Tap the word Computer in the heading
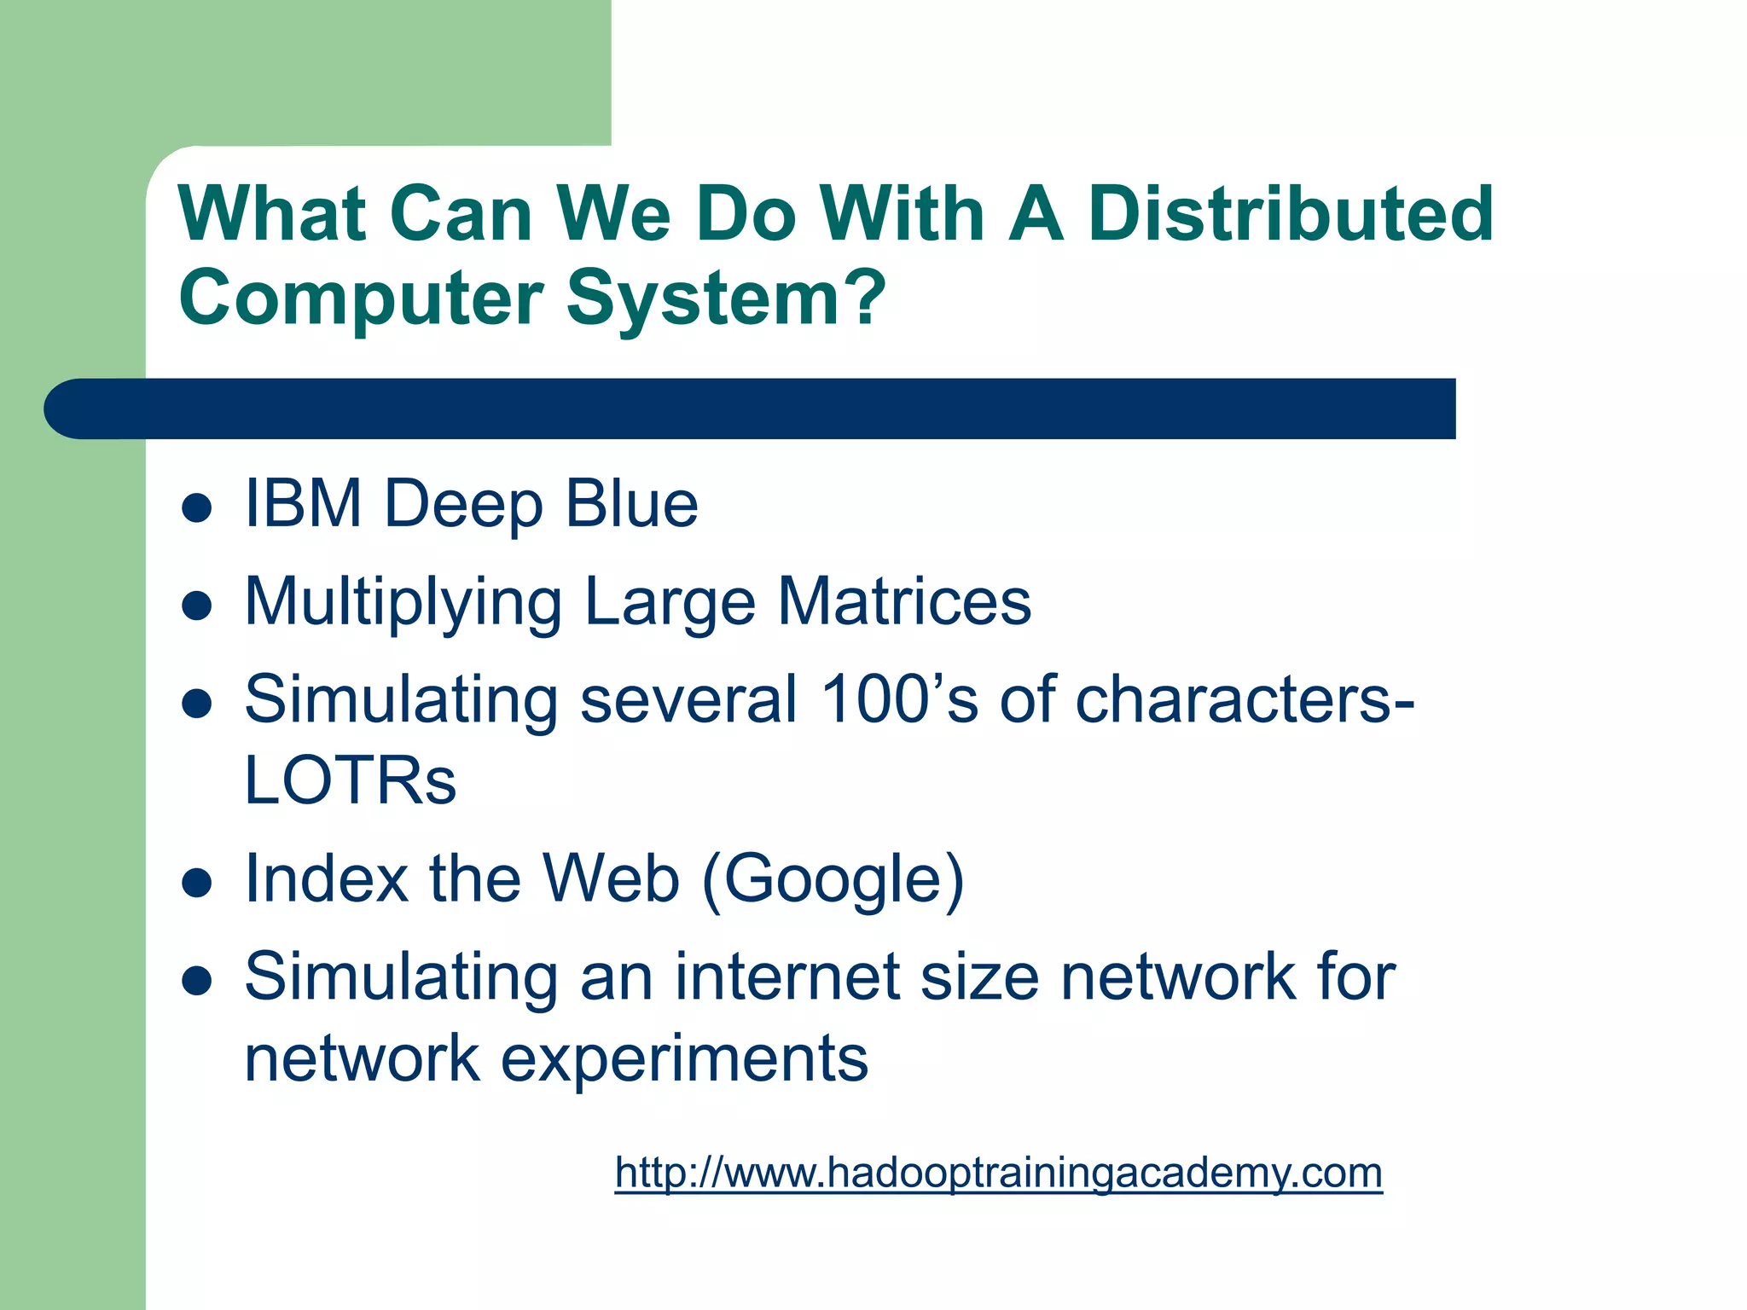click(x=361, y=299)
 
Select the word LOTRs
click(x=350, y=780)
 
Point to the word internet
click(x=787, y=977)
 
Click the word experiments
click(x=684, y=1059)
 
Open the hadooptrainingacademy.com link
click(x=998, y=1173)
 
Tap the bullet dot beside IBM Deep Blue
click(x=197, y=508)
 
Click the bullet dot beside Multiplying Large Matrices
click(x=197, y=606)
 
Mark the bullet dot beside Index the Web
click(x=197, y=884)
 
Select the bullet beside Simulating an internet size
click(x=197, y=982)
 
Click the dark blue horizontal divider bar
click(x=751, y=409)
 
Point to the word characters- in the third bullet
click(x=1245, y=699)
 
